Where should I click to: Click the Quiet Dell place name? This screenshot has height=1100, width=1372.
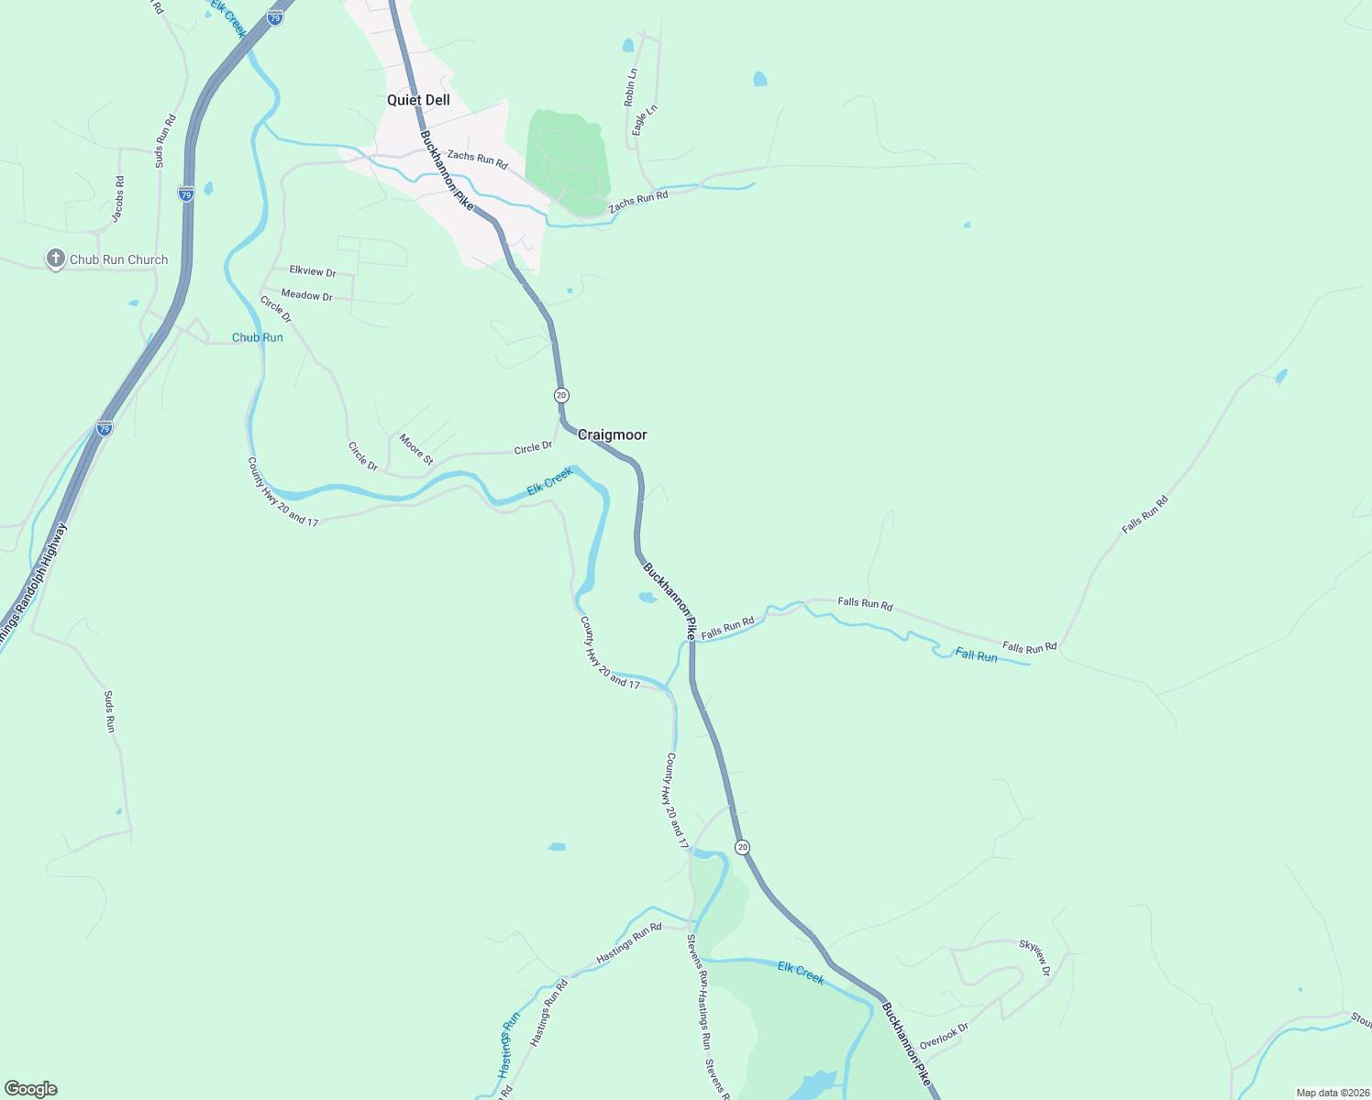pos(418,100)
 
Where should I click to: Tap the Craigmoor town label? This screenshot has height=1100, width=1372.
pos(612,434)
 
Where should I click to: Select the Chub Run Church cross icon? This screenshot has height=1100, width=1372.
pos(56,259)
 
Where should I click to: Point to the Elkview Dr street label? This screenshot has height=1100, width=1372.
pos(313,271)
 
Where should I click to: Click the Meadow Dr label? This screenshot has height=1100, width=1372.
pos(306,295)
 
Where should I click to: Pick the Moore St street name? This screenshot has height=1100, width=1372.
pos(415,449)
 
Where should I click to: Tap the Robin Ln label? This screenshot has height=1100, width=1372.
pos(630,88)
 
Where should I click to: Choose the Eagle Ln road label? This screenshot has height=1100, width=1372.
pos(646,121)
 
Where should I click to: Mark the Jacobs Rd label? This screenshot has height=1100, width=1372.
pos(118,199)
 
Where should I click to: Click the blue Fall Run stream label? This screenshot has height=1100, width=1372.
pos(976,655)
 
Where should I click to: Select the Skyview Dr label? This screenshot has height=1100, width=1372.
pos(1034,956)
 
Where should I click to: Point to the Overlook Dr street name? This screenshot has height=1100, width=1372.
pos(944,1036)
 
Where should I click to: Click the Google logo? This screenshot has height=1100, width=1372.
pos(30,1089)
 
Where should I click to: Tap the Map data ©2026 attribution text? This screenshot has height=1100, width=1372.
pos(1332,1093)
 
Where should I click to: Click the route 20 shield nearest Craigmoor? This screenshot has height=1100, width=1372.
pos(561,395)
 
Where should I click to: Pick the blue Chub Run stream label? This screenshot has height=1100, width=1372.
pos(258,337)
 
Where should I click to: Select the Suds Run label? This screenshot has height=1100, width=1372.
pos(109,711)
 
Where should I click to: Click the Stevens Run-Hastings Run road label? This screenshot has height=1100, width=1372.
pos(699,991)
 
